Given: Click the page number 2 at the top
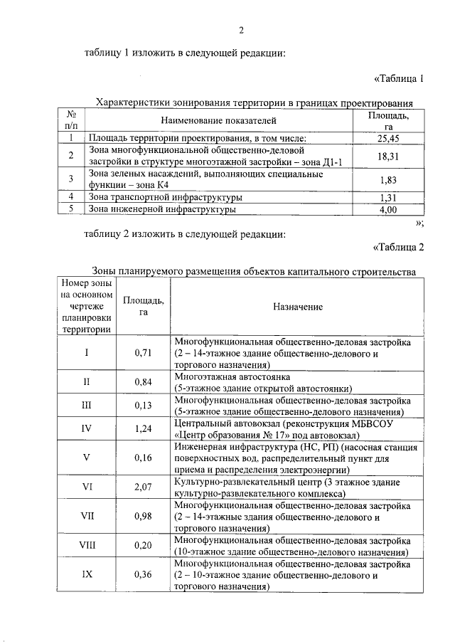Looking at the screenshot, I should tap(241, 30).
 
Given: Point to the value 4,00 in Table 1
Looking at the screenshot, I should tap(388, 210).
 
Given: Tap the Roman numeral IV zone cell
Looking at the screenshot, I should tap(87, 428).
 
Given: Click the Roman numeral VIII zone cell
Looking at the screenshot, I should tap(87, 546).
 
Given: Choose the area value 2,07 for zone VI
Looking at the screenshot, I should tap(144, 487).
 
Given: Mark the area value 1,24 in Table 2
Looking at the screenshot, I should tap(144, 428).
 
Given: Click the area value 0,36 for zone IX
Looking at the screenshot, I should tap(144, 575).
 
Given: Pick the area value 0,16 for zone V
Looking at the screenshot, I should tap(144, 458).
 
